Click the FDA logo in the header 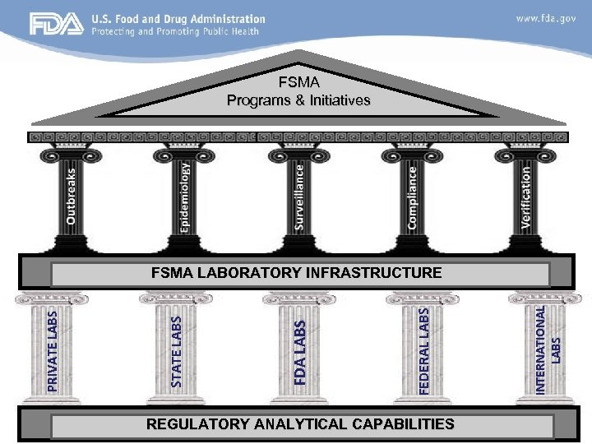(57, 25)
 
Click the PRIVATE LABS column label (53, 349)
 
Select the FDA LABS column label (300, 352)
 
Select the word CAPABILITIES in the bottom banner (399, 424)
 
